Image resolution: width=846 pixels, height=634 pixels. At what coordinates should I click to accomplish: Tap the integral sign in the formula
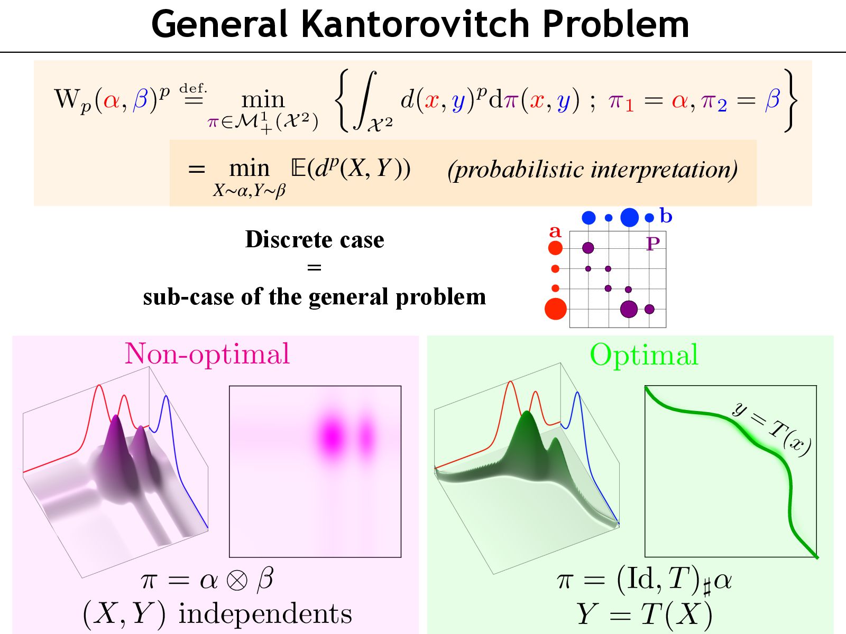pyautogui.click(x=367, y=100)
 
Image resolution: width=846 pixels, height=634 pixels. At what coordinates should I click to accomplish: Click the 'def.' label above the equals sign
pyautogui.click(x=193, y=88)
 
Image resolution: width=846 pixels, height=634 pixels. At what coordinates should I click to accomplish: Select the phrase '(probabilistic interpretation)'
pyautogui.click(x=592, y=170)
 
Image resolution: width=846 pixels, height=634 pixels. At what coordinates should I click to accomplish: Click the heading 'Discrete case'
pyautogui.click(x=315, y=240)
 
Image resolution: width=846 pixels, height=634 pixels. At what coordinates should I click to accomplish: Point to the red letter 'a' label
pyautogui.click(x=555, y=231)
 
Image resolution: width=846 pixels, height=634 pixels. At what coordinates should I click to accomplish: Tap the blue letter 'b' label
pyautogui.click(x=666, y=216)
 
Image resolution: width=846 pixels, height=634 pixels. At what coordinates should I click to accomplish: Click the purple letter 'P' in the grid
pyautogui.click(x=653, y=244)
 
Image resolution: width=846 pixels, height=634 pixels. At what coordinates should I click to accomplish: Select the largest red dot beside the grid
pyautogui.click(x=555, y=309)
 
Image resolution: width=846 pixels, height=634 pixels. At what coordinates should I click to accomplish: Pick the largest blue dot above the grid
pyautogui.click(x=629, y=217)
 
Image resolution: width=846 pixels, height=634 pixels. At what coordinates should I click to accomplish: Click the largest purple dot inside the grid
pyautogui.click(x=629, y=309)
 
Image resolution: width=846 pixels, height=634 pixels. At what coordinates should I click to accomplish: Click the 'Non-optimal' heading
pyautogui.click(x=207, y=354)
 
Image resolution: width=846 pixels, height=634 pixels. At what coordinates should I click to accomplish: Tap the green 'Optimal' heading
pyautogui.click(x=643, y=355)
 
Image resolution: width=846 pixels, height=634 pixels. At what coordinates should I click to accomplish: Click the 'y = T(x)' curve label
pyautogui.click(x=771, y=429)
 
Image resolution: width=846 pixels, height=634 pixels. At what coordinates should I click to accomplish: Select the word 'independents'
pyautogui.click(x=265, y=614)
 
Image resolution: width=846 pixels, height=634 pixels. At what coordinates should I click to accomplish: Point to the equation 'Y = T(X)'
pyautogui.click(x=644, y=614)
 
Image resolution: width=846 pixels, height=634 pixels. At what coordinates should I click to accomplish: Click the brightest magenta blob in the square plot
pyautogui.click(x=332, y=436)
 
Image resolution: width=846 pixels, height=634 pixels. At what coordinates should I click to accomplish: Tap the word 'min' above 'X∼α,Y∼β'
pyautogui.click(x=249, y=169)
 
